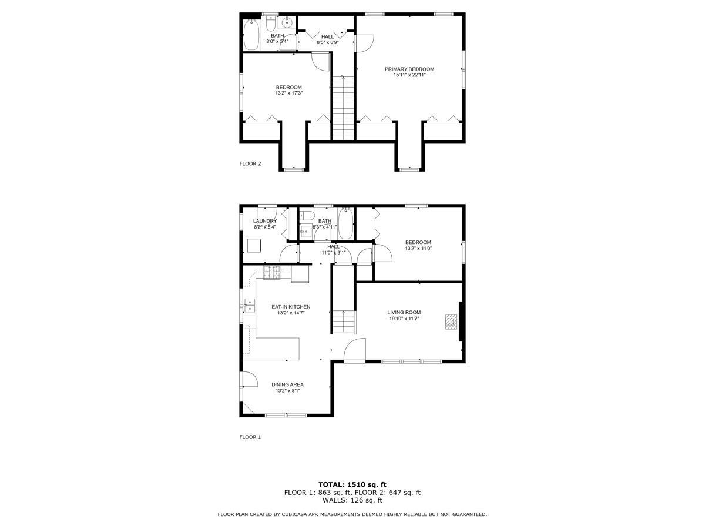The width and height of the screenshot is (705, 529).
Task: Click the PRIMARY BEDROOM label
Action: [x=409, y=69]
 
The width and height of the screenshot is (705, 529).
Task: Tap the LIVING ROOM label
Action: [x=404, y=312]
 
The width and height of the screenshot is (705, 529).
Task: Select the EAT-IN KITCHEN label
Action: [x=291, y=307]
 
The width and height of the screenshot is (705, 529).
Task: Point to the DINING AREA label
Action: [x=287, y=384]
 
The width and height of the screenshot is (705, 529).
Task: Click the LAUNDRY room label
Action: [x=265, y=221]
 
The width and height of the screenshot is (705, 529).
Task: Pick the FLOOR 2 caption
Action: [x=250, y=163]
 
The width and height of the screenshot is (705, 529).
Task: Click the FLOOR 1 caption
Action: [x=250, y=437]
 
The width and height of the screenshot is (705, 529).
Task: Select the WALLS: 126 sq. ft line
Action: [x=352, y=500]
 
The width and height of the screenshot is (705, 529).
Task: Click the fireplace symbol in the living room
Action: [x=451, y=322]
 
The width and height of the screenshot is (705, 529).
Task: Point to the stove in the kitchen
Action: [x=272, y=272]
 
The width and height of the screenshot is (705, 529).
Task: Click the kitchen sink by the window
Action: [x=250, y=305]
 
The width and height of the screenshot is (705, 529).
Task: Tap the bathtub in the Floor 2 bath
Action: [x=251, y=35]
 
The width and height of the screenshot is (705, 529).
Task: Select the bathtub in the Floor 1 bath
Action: [x=345, y=224]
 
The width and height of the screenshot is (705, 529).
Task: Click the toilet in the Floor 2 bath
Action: [x=271, y=24]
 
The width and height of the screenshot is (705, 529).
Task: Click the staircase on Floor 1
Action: [x=344, y=322]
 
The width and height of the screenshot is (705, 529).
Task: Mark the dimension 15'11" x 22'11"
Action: [x=409, y=75]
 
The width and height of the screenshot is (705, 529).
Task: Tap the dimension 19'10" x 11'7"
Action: [x=404, y=319]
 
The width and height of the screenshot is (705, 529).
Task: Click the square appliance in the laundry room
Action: [x=254, y=245]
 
